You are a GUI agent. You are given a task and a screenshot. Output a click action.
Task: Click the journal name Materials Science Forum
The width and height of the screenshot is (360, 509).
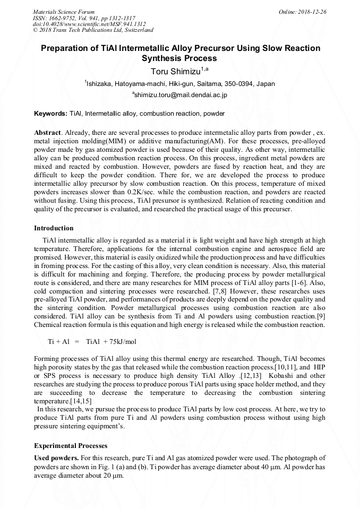pos(64,12)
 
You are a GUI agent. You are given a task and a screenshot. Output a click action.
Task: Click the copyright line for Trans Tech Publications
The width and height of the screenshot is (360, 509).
pos(93,30)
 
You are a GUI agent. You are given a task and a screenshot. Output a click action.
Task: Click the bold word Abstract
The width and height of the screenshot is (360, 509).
pos(47,132)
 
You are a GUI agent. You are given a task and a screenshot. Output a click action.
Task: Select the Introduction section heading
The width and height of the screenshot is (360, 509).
pos(54,228)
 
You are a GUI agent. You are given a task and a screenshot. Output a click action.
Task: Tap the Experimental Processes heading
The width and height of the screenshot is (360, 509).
pos(71,445)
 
